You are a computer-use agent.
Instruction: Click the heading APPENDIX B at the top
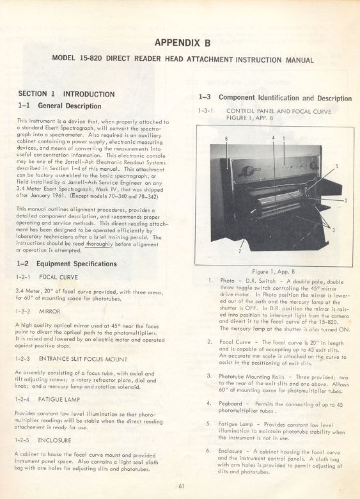pyautogui.click(x=182, y=43)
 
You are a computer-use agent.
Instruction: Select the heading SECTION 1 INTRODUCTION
pyautogui.click(x=67, y=94)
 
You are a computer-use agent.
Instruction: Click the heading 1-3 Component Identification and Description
pyautogui.click(x=285, y=98)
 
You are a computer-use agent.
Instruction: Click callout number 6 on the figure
pyautogui.click(x=226, y=138)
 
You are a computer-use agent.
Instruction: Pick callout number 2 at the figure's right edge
pyautogui.click(x=345, y=201)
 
